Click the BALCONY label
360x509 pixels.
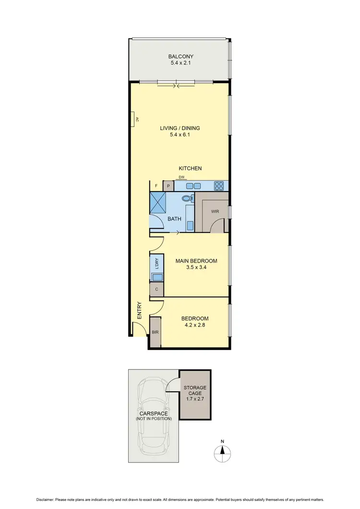(x=180, y=56)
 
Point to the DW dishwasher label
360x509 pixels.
(x=181, y=177)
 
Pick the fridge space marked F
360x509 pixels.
(x=156, y=186)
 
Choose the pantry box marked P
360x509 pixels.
(x=168, y=186)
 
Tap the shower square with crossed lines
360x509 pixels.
(x=158, y=203)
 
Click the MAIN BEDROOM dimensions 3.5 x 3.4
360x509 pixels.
(x=196, y=268)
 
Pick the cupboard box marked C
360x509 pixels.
(x=156, y=290)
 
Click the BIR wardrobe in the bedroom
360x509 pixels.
(x=155, y=332)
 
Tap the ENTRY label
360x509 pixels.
(x=140, y=311)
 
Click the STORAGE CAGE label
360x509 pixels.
(x=195, y=390)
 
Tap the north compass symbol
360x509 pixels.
(x=222, y=451)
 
